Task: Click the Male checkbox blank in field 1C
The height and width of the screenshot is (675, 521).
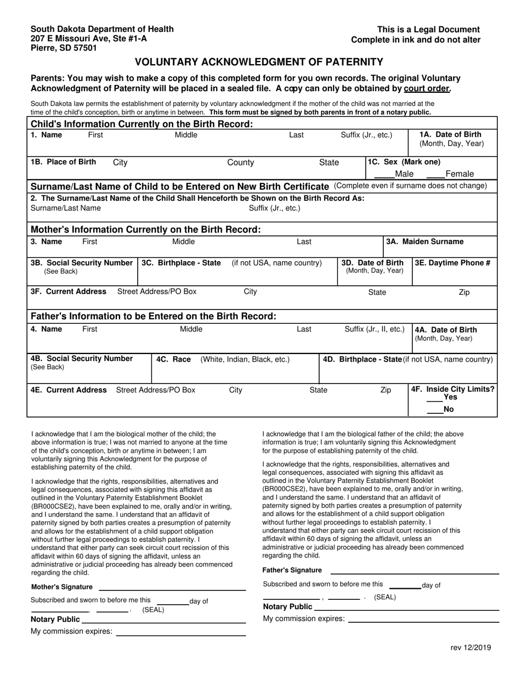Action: (x=384, y=176)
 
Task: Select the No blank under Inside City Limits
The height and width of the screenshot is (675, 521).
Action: (x=434, y=412)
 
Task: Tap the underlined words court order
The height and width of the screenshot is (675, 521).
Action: (x=427, y=88)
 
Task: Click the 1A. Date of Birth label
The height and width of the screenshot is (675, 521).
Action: (x=450, y=135)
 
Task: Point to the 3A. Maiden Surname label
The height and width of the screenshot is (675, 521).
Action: (x=424, y=241)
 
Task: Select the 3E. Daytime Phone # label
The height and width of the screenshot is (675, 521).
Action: (x=452, y=263)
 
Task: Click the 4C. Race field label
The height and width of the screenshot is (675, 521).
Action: (x=173, y=359)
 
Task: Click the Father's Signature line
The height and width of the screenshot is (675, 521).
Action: (x=414, y=572)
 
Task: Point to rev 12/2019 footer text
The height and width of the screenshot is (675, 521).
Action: (x=471, y=648)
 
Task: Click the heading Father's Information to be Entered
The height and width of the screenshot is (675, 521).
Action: (x=154, y=316)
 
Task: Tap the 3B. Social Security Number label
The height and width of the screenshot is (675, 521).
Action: (x=82, y=263)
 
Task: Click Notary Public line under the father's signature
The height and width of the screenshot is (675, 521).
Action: (x=406, y=609)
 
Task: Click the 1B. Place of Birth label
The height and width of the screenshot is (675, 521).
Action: (x=64, y=162)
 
